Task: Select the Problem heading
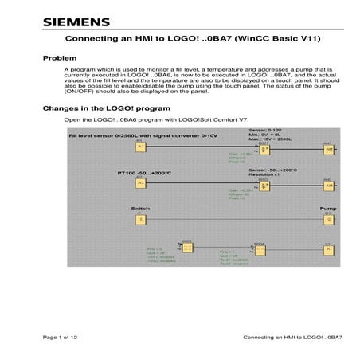[x=59, y=59]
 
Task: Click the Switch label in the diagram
[x=139, y=209]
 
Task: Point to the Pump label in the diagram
[x=327, y=209]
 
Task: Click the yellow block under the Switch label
[x=140, y=220]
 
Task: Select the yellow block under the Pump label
[x=327, y=221]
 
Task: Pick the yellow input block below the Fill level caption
[x=140, y=147]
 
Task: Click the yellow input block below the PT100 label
[x=140, y=182]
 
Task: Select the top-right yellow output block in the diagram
[x=327, y=148]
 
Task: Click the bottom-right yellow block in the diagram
[x=327, y=249]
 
